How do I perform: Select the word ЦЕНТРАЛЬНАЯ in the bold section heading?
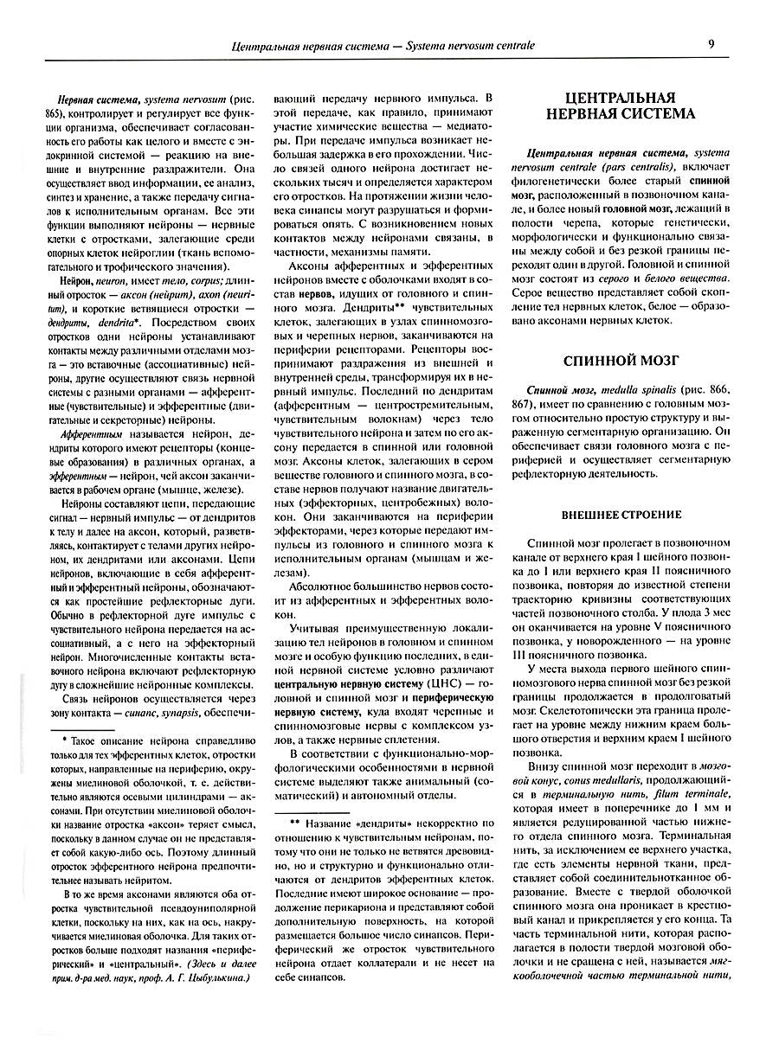click(618, 97)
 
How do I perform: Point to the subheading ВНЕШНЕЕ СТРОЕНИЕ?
click(618, 515)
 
